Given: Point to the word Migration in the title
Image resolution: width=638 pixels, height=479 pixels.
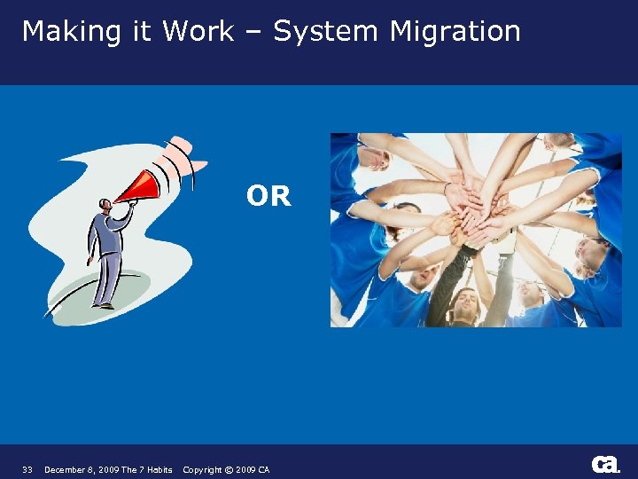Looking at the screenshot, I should coord(455,32).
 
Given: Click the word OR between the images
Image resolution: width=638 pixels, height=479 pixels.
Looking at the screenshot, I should coord(268,196).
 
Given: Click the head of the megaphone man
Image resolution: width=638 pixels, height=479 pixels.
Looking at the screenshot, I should coord(105,206).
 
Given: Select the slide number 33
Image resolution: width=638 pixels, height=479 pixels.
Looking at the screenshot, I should coord(27,469).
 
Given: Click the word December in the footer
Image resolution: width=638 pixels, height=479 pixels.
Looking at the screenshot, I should coord(66,469).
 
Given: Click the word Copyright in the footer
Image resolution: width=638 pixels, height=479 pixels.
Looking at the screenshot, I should coord(202,469).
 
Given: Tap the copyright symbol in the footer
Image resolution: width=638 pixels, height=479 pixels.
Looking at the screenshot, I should coord(229,469).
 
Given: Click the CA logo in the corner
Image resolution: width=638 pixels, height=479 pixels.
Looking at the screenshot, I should coord(605,464).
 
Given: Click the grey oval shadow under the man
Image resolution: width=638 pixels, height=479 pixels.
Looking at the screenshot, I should coord(89,297).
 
